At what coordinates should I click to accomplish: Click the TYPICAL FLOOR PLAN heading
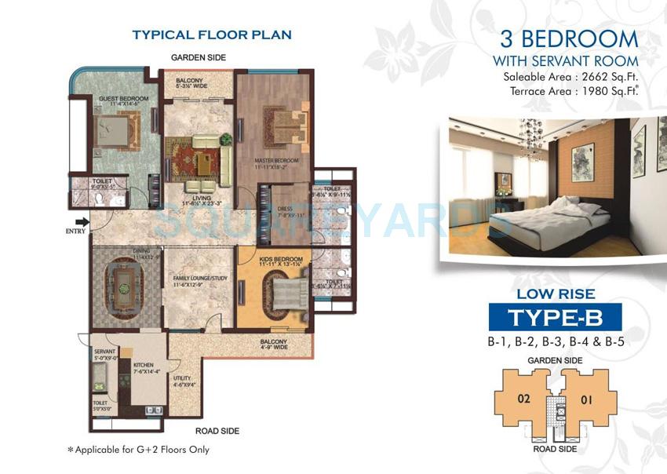pos(212,35)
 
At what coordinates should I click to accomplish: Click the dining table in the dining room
pos(122,291)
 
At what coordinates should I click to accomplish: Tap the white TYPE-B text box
pos(555,317)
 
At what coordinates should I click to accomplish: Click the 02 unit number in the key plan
pos(524,399)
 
